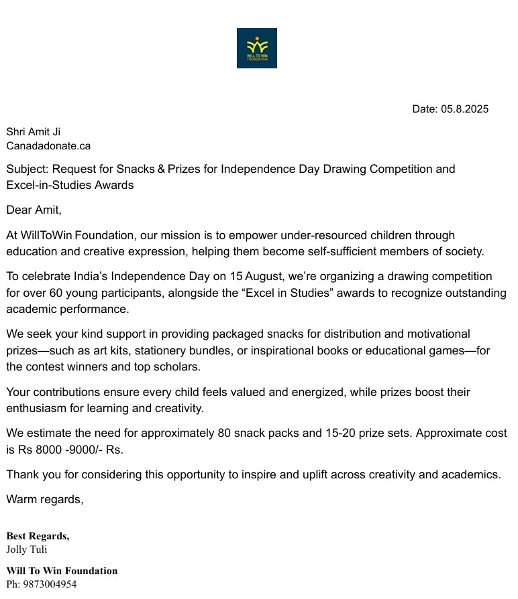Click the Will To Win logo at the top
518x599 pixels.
click(256, 48)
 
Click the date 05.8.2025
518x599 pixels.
click(464, 109)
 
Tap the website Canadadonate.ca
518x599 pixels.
click(48, 146)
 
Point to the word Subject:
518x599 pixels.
click(28, 169)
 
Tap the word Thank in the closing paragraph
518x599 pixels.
click(22, 474)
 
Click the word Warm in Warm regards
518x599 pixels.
click(21, 499)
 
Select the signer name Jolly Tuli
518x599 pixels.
click(27, 550)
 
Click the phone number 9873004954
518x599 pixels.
click(50, 584)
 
